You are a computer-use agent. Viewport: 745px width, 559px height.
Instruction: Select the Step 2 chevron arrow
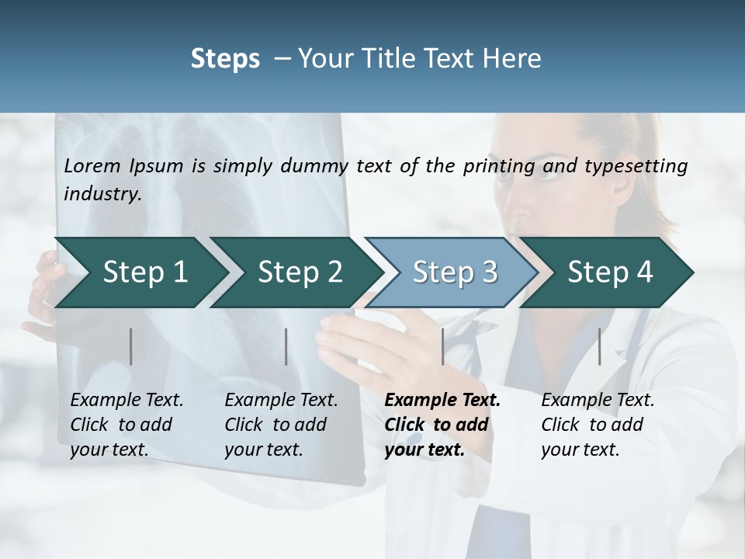(299, 273)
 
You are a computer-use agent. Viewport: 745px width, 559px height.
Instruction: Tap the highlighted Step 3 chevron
(454, 273)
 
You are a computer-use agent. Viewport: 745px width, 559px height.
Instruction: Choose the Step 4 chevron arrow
(609, 273)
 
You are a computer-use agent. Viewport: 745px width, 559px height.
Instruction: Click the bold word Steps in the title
(225, 58)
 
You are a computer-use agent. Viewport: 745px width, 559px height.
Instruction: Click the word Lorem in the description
(91, 166)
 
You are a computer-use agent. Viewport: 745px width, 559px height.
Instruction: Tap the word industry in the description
(102, 194)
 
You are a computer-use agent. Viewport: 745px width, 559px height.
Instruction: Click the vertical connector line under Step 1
(131, 346)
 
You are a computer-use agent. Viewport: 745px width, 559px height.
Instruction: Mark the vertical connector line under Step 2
(286, 346)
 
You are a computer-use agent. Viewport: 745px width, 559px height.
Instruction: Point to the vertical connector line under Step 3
(442, 346)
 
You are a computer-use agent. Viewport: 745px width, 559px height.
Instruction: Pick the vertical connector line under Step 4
(599, 346)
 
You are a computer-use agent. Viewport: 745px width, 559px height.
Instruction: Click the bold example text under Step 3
(442, 425)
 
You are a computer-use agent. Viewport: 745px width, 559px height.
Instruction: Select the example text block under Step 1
(126, 425)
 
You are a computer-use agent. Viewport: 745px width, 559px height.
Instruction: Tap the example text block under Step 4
(598, 425)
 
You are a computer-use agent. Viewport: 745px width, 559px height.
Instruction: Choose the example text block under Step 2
(281, 425)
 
